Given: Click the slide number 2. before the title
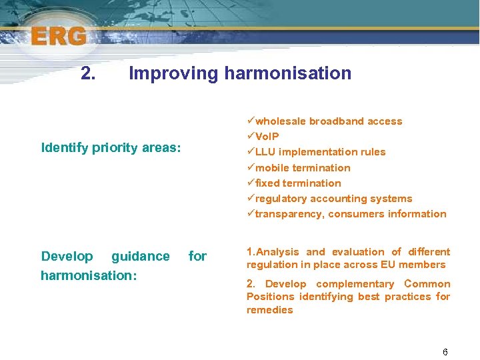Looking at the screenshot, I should pyautogui.click(x=87, y=73).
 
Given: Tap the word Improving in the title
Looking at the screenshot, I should pyautogui.click(x=173, y=73).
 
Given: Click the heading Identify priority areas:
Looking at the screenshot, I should pyautogui.click(x=111, y=147).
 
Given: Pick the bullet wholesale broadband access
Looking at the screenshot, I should pyautogui.click(x=329, y=121).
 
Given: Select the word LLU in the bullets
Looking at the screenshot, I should pyautogui.click(x=266, y=152).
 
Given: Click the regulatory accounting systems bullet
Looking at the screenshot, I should pyautogui.click(x=333, y=199).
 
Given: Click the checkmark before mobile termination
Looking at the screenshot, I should pyautogui.click(x=251, y=168).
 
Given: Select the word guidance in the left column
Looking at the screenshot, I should pyautogui.click(x=140, y=257).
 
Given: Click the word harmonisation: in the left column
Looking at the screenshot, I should pyautogui.click(x=89, y=275).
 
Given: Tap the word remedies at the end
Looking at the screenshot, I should pyautogui.click(x=269, y=310).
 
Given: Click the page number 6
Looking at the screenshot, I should pyautogui.click(x=445, y=352).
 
